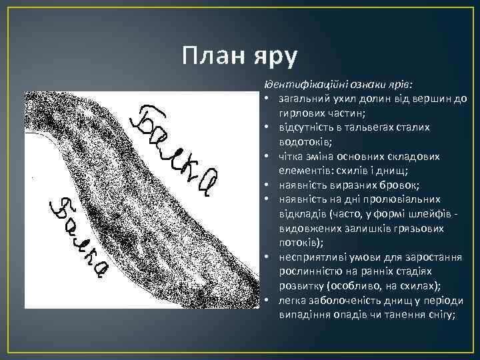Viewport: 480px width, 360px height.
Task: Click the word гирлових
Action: tap(300, 113)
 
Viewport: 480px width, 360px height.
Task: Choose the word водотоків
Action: tap(304, 141)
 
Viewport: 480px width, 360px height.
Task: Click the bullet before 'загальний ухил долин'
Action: tap(265, 99)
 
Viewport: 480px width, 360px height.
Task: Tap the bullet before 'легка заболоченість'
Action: tap(265, 300)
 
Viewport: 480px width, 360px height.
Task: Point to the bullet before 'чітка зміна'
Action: tap(265, 156)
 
